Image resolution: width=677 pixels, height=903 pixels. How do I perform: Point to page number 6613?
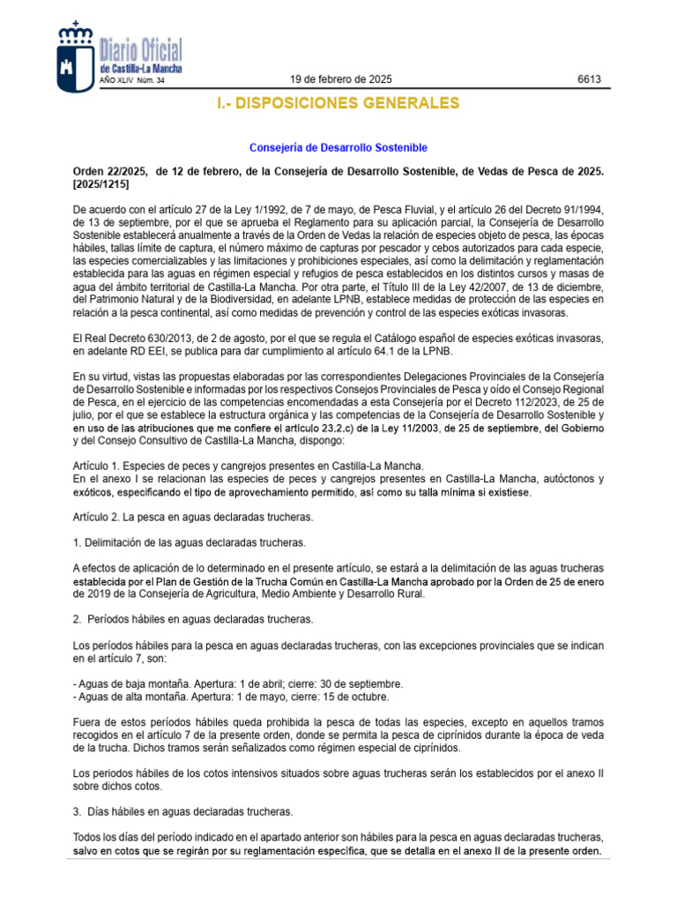tap(589, 80)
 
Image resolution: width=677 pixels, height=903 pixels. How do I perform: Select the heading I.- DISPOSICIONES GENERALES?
tap(338, 104)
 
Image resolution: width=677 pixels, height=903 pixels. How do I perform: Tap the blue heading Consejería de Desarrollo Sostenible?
tap(338, 147)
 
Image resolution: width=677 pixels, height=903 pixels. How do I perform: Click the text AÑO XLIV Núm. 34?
tap(132, 81)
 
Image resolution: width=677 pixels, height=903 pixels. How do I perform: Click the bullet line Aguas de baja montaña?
tap(238, 683)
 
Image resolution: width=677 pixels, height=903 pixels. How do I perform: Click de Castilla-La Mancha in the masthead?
tap(142, 68)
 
